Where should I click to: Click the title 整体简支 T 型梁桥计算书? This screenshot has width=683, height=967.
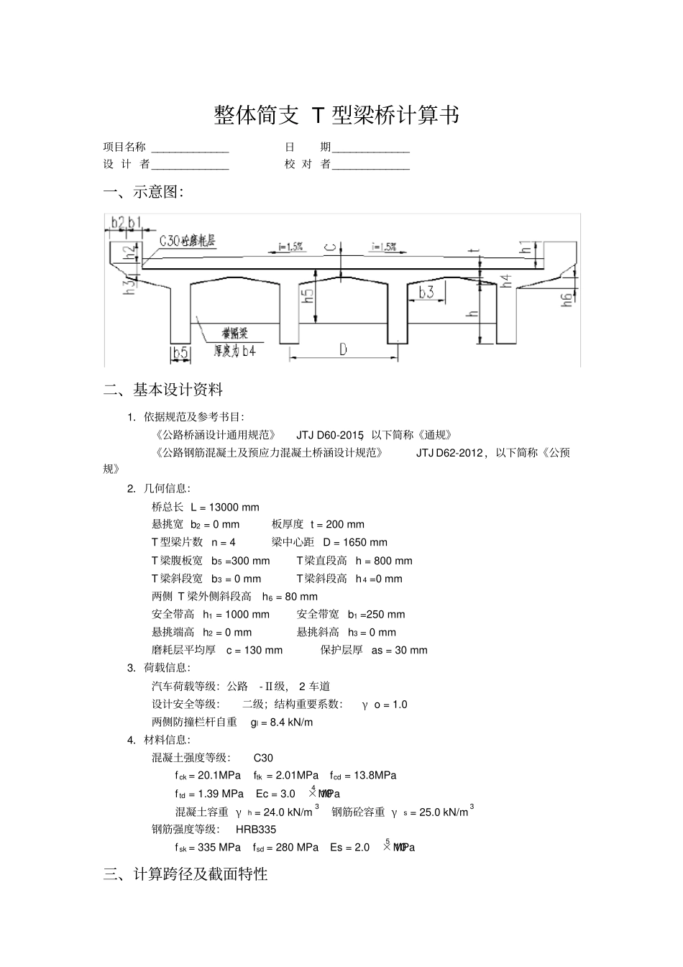coord(336,115)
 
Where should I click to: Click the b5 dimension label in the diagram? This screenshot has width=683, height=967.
coord(180,352)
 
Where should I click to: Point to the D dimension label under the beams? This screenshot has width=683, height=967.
coord(343,350)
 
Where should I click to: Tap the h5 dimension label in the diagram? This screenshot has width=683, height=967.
coord(308,296)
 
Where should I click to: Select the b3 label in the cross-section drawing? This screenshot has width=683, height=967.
coord(427,292)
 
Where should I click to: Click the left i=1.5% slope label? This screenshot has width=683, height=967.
coord(291,247)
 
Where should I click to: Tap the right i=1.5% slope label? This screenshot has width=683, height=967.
coord(384,247)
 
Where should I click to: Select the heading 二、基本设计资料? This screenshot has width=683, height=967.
coord(163,390)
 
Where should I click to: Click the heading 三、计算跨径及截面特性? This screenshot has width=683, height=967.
coord(185,874)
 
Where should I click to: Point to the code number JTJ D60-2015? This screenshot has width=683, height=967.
coord(330,435)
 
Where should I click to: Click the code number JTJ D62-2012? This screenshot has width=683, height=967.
coord(449,453)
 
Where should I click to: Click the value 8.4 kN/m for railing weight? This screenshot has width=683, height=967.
coord(291,722)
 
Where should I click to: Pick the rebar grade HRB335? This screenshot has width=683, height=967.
coord(256,829)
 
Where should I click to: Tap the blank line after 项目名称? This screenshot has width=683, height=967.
coord(190,148)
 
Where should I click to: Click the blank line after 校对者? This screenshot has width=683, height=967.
coord(371,165)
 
